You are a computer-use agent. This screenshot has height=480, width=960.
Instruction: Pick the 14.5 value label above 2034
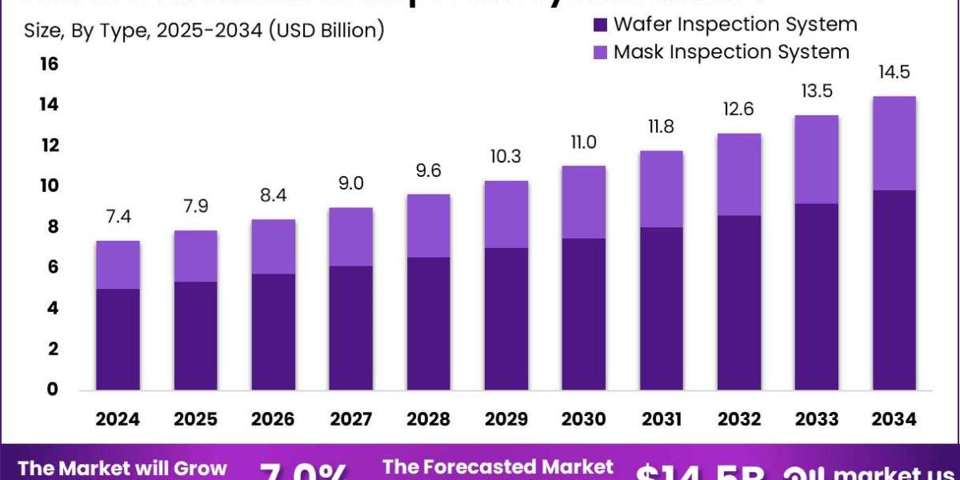[x=894, y=73]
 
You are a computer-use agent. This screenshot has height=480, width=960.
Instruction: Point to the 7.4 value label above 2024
[x=118, y=218]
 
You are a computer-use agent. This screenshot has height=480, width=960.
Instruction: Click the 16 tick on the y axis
[x=49, y=64]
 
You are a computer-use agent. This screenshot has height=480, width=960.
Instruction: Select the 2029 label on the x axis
[x=506, y=419]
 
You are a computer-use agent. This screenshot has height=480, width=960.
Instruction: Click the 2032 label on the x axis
[x=739, y=419]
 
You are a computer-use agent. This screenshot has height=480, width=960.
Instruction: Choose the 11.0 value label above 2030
[x=584, y=142]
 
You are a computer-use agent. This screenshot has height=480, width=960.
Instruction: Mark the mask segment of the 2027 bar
[x=351, y=237]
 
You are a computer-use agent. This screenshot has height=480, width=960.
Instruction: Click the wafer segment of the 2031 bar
[x=662, y=308]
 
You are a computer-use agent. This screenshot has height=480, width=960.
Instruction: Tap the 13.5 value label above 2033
[x=817, y=91]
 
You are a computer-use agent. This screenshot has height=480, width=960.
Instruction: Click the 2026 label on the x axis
[x=274, y=419]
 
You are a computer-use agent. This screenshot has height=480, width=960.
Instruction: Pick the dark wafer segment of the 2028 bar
[x=429, y=323]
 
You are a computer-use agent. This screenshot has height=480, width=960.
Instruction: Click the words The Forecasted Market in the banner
[x=498, y=466]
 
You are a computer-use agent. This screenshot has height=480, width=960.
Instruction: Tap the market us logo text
[x=888, y=472]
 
